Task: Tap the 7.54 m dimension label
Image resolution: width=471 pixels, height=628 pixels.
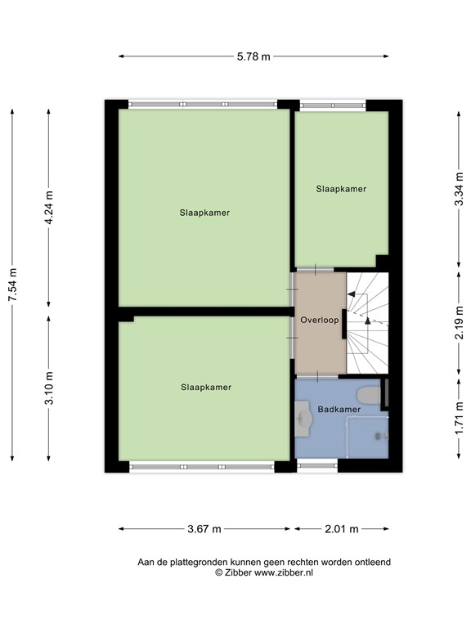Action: point(12,285)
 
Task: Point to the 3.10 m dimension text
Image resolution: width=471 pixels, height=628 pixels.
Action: point(49,388)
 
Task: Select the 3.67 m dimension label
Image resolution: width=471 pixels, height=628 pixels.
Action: point(204,529)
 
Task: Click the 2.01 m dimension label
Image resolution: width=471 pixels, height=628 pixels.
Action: point(342,529)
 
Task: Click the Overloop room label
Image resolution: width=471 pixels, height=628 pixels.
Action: point(319,321)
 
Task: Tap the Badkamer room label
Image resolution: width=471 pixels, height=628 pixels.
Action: point(339,409)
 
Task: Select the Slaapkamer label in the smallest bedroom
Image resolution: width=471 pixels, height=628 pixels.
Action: point(341,189)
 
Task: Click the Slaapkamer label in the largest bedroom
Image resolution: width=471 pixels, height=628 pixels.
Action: point(204,213)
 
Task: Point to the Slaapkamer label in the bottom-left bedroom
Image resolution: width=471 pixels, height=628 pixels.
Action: point(206,388)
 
